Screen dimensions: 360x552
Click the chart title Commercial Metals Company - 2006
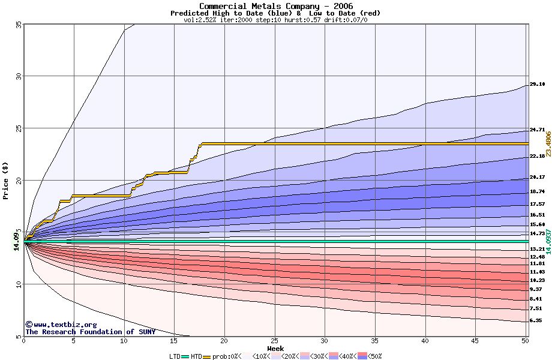click(275, 6)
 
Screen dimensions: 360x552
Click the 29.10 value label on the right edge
click(537, 85)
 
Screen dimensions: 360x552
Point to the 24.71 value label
click(537, 130)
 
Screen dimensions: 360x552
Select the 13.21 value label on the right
click(537, 248)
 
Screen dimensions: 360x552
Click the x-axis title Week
click(275, 349)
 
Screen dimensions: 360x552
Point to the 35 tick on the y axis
click(18, 24)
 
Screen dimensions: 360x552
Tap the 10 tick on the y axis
click(18, 284)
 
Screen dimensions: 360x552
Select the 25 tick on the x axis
click(275, 341)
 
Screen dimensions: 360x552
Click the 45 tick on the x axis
click(475, 341)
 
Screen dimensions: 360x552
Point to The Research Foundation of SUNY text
click(90, 332)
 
